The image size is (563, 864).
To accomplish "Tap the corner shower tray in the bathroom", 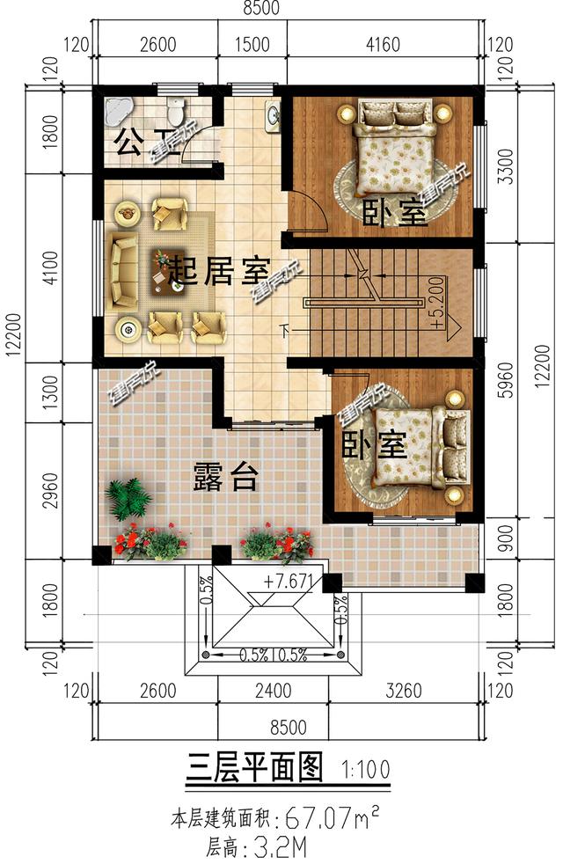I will [x=117, y=111].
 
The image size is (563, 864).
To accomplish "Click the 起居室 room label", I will [x=216, y=271].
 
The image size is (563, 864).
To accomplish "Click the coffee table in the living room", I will [x=162, y=266].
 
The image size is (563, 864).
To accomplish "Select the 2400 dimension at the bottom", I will [x=274, y=692].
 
